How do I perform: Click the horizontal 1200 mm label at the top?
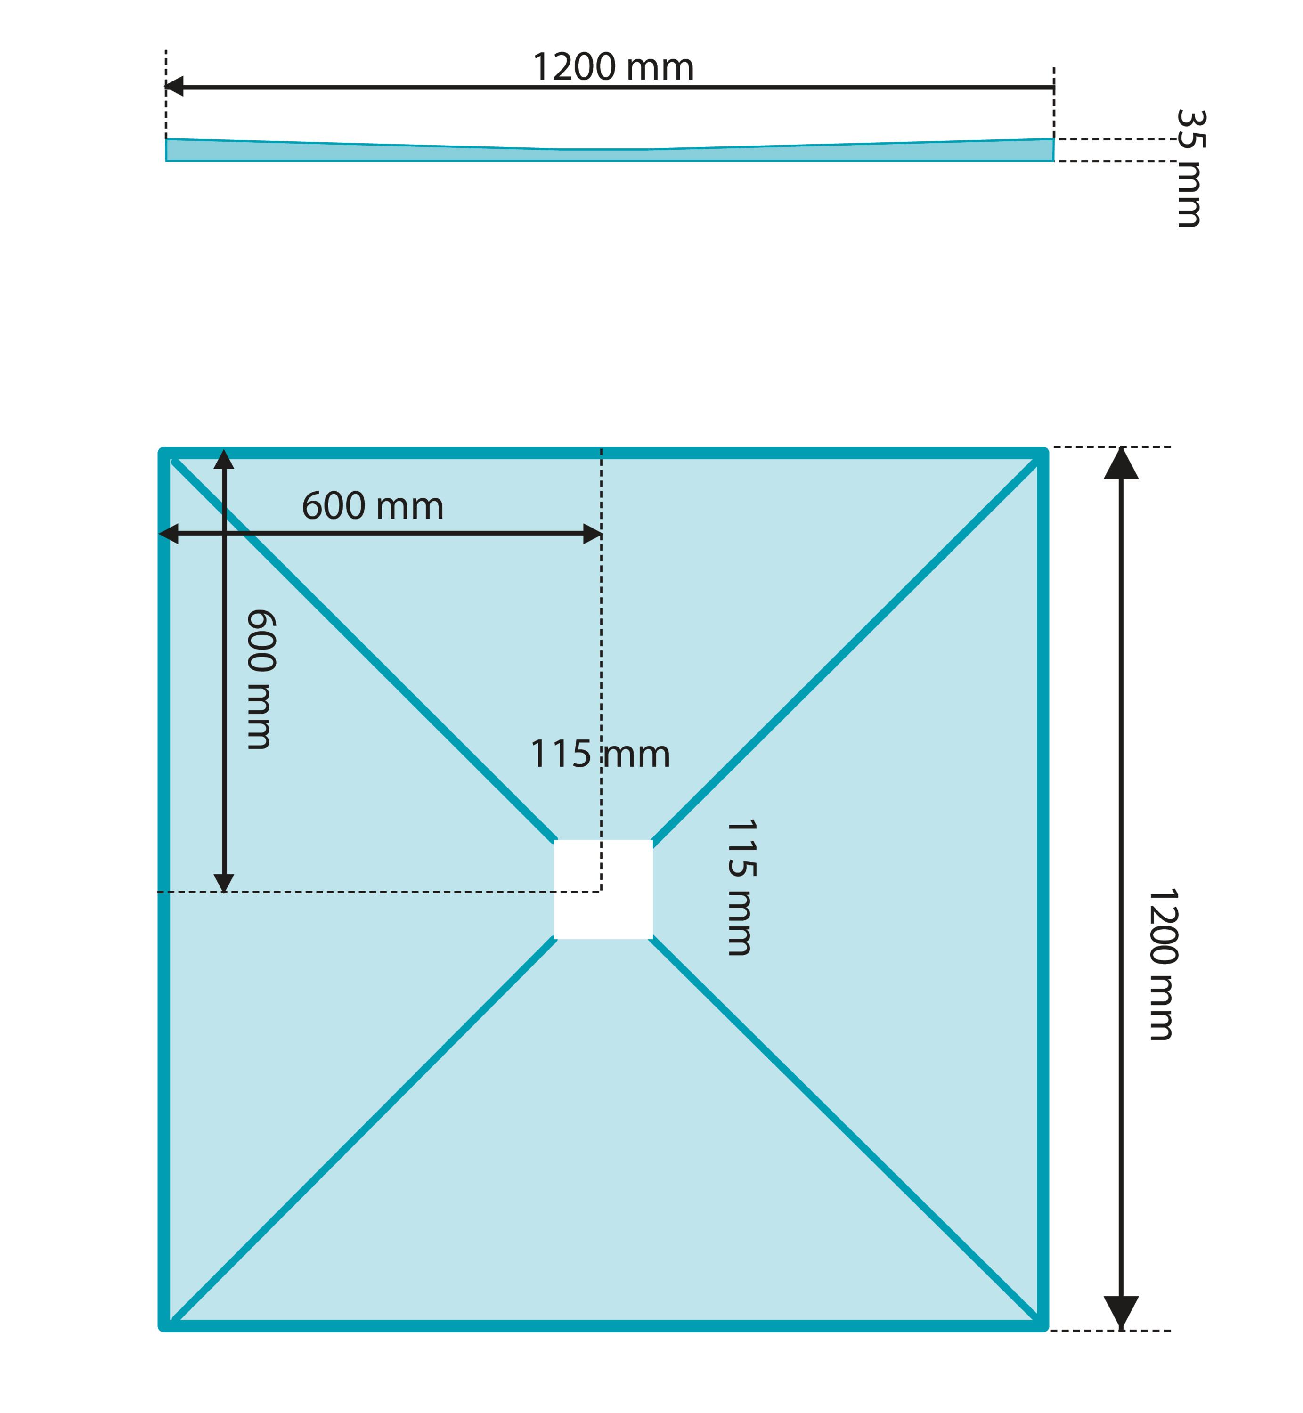point(613,68)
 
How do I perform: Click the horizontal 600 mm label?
point(372,506)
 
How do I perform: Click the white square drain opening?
point(603,889)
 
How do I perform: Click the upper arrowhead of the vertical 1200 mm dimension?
point(1121,463)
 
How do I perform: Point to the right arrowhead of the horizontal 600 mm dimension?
point(592,534)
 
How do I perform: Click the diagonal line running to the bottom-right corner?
point(844,1129)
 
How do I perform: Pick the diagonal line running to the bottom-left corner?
point(364,1129)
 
